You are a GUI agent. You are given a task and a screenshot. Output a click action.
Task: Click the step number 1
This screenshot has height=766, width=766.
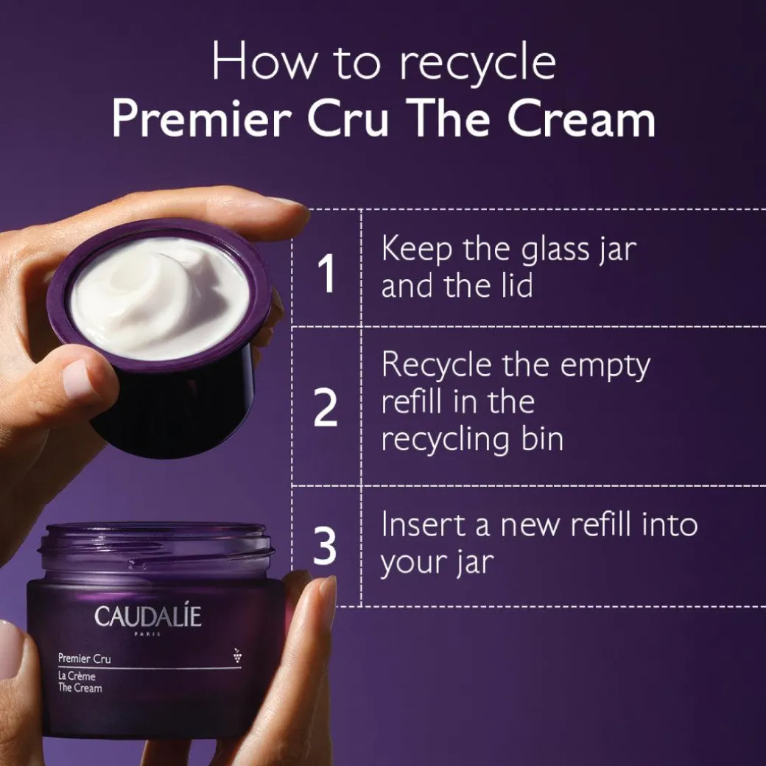click(x=326, y=273)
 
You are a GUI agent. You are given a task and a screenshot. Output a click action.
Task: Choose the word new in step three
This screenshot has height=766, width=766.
click(x=530, y=527)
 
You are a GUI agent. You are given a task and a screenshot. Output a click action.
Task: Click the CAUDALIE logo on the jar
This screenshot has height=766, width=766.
click(x=147, y=616)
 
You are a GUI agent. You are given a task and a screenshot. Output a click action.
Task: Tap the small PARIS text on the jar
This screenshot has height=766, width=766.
click(x=147, y=634)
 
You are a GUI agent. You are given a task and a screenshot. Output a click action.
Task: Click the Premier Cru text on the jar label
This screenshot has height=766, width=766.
click(x=85, y=658)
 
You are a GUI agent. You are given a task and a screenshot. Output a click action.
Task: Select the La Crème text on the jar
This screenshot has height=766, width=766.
click(x=77, y=676)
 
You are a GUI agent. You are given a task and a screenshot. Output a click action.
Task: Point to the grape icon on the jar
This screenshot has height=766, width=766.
click(x=237, y=655)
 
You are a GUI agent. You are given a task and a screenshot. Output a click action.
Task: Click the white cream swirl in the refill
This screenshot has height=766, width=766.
click(x=159, y=298)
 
